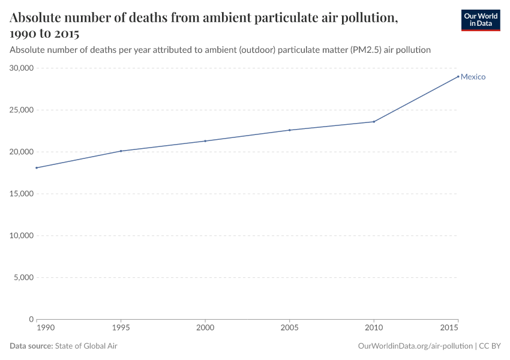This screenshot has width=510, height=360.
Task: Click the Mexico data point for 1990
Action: tap(37, 168)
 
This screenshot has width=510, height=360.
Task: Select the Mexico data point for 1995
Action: tap(121, 151)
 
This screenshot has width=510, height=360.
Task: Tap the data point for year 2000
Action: tap(205, 141)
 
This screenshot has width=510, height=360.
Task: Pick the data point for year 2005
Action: tap(290, 130)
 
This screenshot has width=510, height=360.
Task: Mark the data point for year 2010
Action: tap(374, 122)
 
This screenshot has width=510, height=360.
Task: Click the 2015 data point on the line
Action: tap(458, 76)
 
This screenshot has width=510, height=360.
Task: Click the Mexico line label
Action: tap(473, 77)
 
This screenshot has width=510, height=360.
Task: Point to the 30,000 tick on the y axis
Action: tap(22, 68)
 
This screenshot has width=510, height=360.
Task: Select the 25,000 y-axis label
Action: tap(22, 110)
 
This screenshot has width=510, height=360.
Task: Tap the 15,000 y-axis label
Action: tap(22, 194)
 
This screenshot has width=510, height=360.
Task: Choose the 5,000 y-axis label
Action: tap(24, 278)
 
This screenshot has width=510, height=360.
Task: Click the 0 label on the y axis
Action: tap(31, 319)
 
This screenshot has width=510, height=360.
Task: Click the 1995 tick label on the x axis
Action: tap(121, 329)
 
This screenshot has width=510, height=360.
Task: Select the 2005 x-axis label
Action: tap(290, 329)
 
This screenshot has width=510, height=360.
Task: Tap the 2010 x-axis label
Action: tap(374, 329)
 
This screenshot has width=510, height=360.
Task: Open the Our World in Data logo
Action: tap(481, 20)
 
